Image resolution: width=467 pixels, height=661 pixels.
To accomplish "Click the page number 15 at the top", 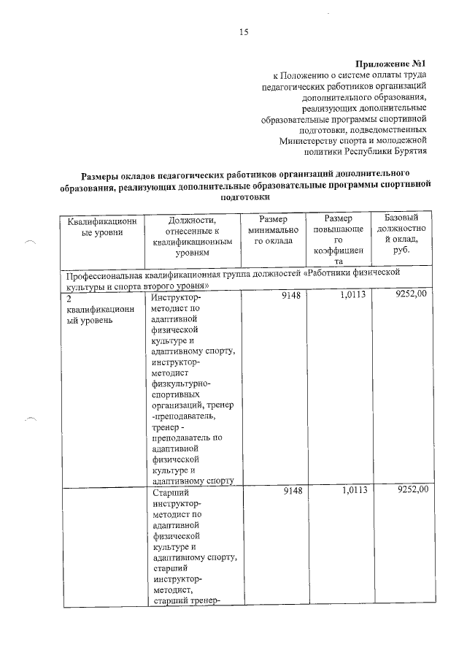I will pyautogui.click(x=244, y=31).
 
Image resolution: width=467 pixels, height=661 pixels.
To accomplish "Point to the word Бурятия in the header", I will pyautogui.click(x=409, y=152).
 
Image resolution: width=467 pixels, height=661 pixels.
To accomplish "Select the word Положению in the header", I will pyautogui.click(x=306, y=75).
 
